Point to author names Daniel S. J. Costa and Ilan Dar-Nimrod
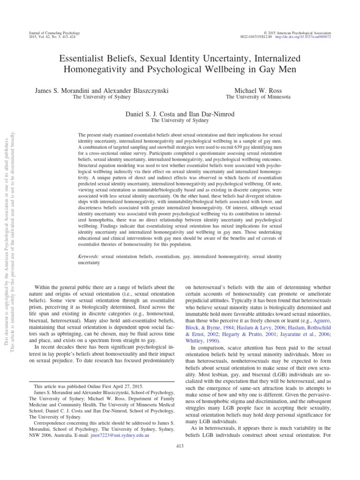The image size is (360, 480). (180, 114)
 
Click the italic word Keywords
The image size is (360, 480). (89, 257)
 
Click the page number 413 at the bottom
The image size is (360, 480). (180, 445)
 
